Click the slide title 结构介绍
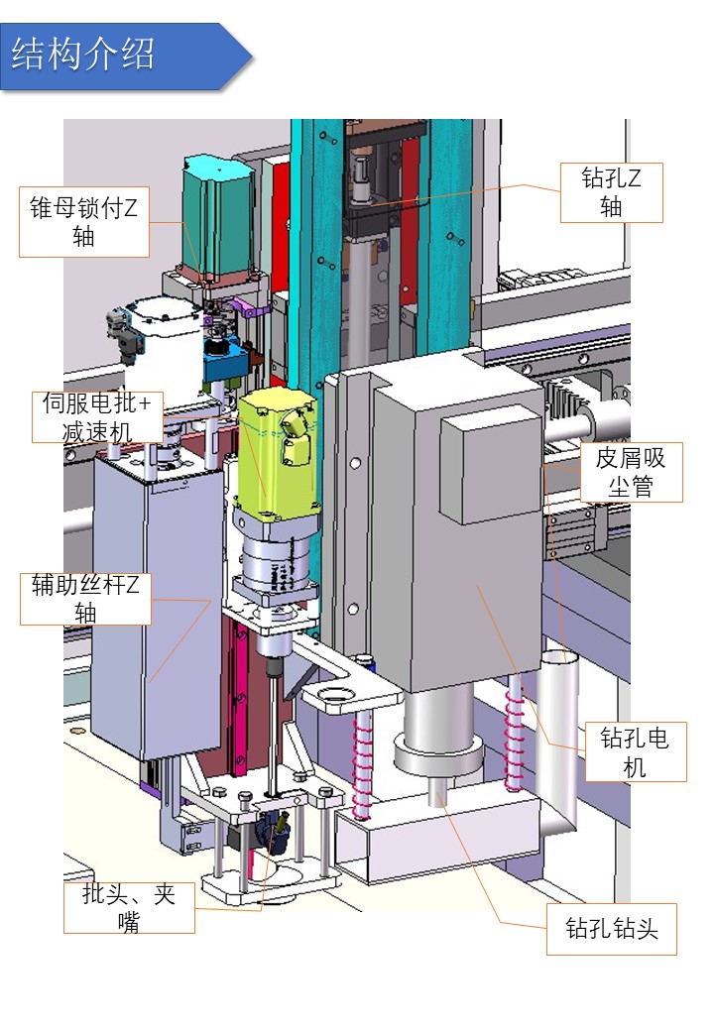(x=83, y=55)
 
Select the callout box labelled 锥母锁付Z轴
(x=83, y=222)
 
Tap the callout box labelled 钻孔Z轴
(x=611, y=192)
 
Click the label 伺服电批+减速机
(x=97, y=416)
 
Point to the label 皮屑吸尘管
(x=631, y=472)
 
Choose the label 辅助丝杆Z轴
(x=85, y=599)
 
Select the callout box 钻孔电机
(x=635, y=751)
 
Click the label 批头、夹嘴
(x=129, y=907)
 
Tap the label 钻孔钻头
(x=611, y=929)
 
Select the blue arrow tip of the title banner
(x=238, y=56)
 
